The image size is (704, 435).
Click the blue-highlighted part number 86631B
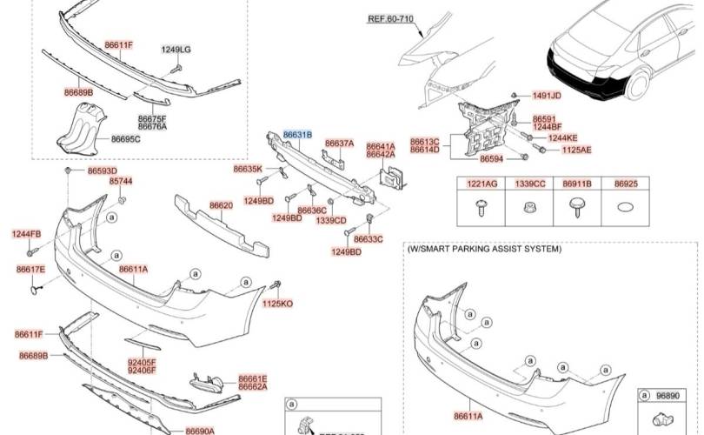(296, 135)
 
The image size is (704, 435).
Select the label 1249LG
(176, 50)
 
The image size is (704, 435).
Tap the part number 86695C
(125, 139)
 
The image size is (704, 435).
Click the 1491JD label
(547, 95)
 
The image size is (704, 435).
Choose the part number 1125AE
(576, 150)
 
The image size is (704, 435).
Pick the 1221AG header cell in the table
(482, 184)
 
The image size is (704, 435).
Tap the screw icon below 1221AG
(482, 207)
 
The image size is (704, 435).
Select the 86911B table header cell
(577, 184)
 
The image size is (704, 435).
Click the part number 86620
(221, 206)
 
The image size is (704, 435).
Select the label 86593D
(102, 171)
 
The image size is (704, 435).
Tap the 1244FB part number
(26, 234)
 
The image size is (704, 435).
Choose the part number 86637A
(339, 143)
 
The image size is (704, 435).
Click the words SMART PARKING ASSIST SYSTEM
(490, 249)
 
